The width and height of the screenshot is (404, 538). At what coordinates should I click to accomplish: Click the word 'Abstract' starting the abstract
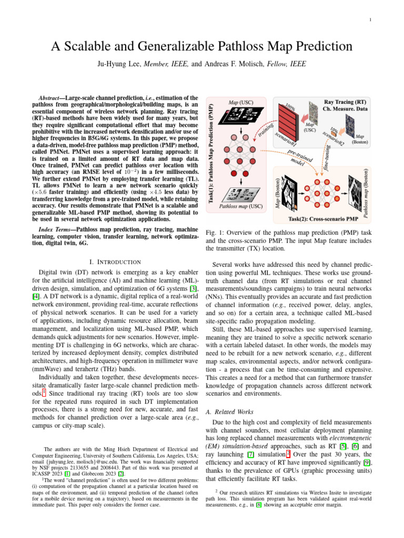click(x=54, y=98)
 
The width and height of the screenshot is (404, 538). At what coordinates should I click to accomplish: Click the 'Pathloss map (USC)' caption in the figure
click(x=240, y=207)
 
